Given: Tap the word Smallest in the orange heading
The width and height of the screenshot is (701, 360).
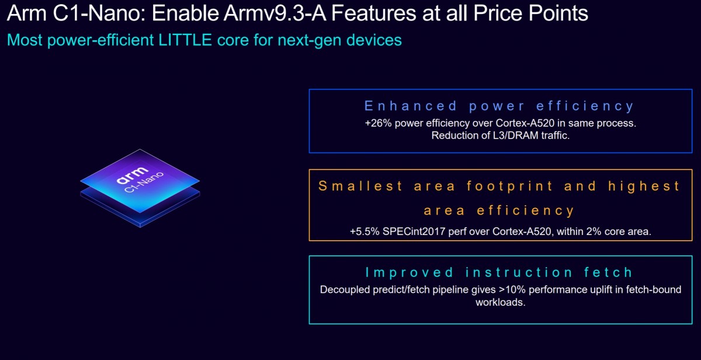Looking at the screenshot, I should pos(360,186).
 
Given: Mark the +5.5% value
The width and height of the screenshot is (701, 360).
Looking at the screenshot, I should pos(365,231).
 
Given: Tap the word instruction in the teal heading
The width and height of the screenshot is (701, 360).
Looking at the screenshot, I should pos(511,272).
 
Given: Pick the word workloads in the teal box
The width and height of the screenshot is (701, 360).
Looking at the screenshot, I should pos(500,302).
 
